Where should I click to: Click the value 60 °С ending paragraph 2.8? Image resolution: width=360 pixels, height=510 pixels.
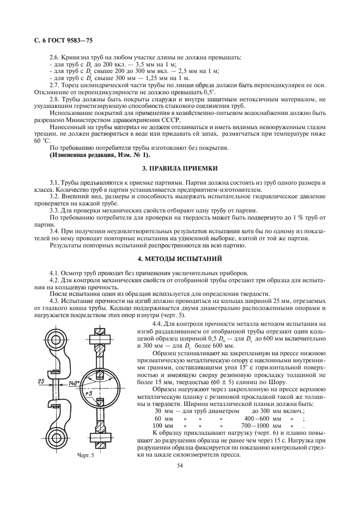point(39,141)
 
